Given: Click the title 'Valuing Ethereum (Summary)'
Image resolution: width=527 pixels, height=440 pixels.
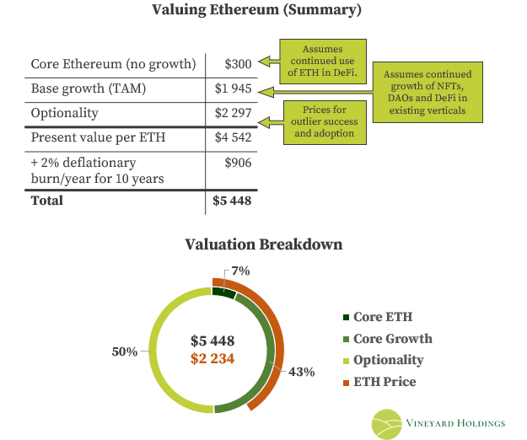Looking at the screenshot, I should pos(256,11).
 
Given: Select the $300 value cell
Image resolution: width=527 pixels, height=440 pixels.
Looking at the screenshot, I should pos(239,64).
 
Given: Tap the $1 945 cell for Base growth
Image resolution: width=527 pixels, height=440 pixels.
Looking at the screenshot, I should pos(232,89).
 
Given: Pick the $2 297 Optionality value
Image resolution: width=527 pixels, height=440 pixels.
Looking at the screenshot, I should pos(232,113).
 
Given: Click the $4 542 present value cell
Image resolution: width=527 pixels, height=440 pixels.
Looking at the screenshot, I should pos(232,138).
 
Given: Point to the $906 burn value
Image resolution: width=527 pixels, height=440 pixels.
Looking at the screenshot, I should pos(238,163).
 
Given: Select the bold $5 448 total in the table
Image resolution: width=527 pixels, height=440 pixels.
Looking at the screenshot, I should pos(232,201).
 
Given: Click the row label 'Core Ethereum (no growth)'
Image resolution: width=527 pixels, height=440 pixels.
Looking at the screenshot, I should pos(113,64).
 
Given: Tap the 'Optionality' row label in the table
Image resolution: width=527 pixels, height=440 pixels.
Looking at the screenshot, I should pos(64,113).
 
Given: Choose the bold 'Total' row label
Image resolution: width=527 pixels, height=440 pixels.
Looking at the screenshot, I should pos(47,201).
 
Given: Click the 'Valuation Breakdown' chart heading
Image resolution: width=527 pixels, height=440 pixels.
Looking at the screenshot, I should pos(264,244).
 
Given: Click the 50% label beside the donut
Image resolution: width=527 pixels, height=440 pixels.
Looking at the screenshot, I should pos(124,351).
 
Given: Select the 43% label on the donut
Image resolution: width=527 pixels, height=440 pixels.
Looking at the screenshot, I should pos(302,371).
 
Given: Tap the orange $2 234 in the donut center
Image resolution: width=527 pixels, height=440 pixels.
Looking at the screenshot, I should pos(212,359).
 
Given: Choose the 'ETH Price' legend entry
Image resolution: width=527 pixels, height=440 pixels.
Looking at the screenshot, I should pos(385,382).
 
